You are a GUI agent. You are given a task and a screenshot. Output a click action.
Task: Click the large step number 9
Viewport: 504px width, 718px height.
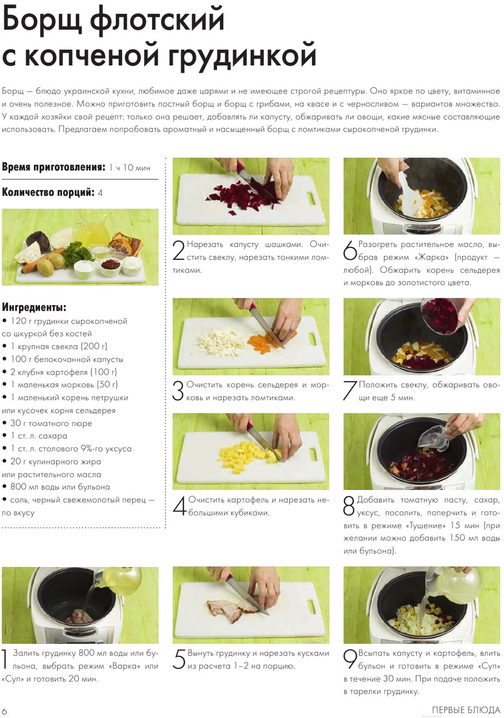[x=350, y=659]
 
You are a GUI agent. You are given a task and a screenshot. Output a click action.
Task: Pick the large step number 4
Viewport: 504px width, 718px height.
[x=180, y=506]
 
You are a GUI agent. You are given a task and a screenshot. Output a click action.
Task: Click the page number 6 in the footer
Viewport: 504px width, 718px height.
[x=5, y=710]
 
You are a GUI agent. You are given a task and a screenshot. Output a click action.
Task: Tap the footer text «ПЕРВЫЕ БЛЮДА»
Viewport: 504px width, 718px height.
[x=466, y=710]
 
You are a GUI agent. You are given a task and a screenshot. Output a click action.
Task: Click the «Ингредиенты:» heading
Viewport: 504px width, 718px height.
[x=35, y=307]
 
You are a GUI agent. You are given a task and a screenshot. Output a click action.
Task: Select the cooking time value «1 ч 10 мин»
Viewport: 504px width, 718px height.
[x=130, y=167]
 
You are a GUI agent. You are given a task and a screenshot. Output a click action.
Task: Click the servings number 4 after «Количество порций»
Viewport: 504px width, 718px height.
[x=100, y=193]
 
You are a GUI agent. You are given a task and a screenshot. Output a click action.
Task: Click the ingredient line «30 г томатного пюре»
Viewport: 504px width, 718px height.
[x=51, y=423]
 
